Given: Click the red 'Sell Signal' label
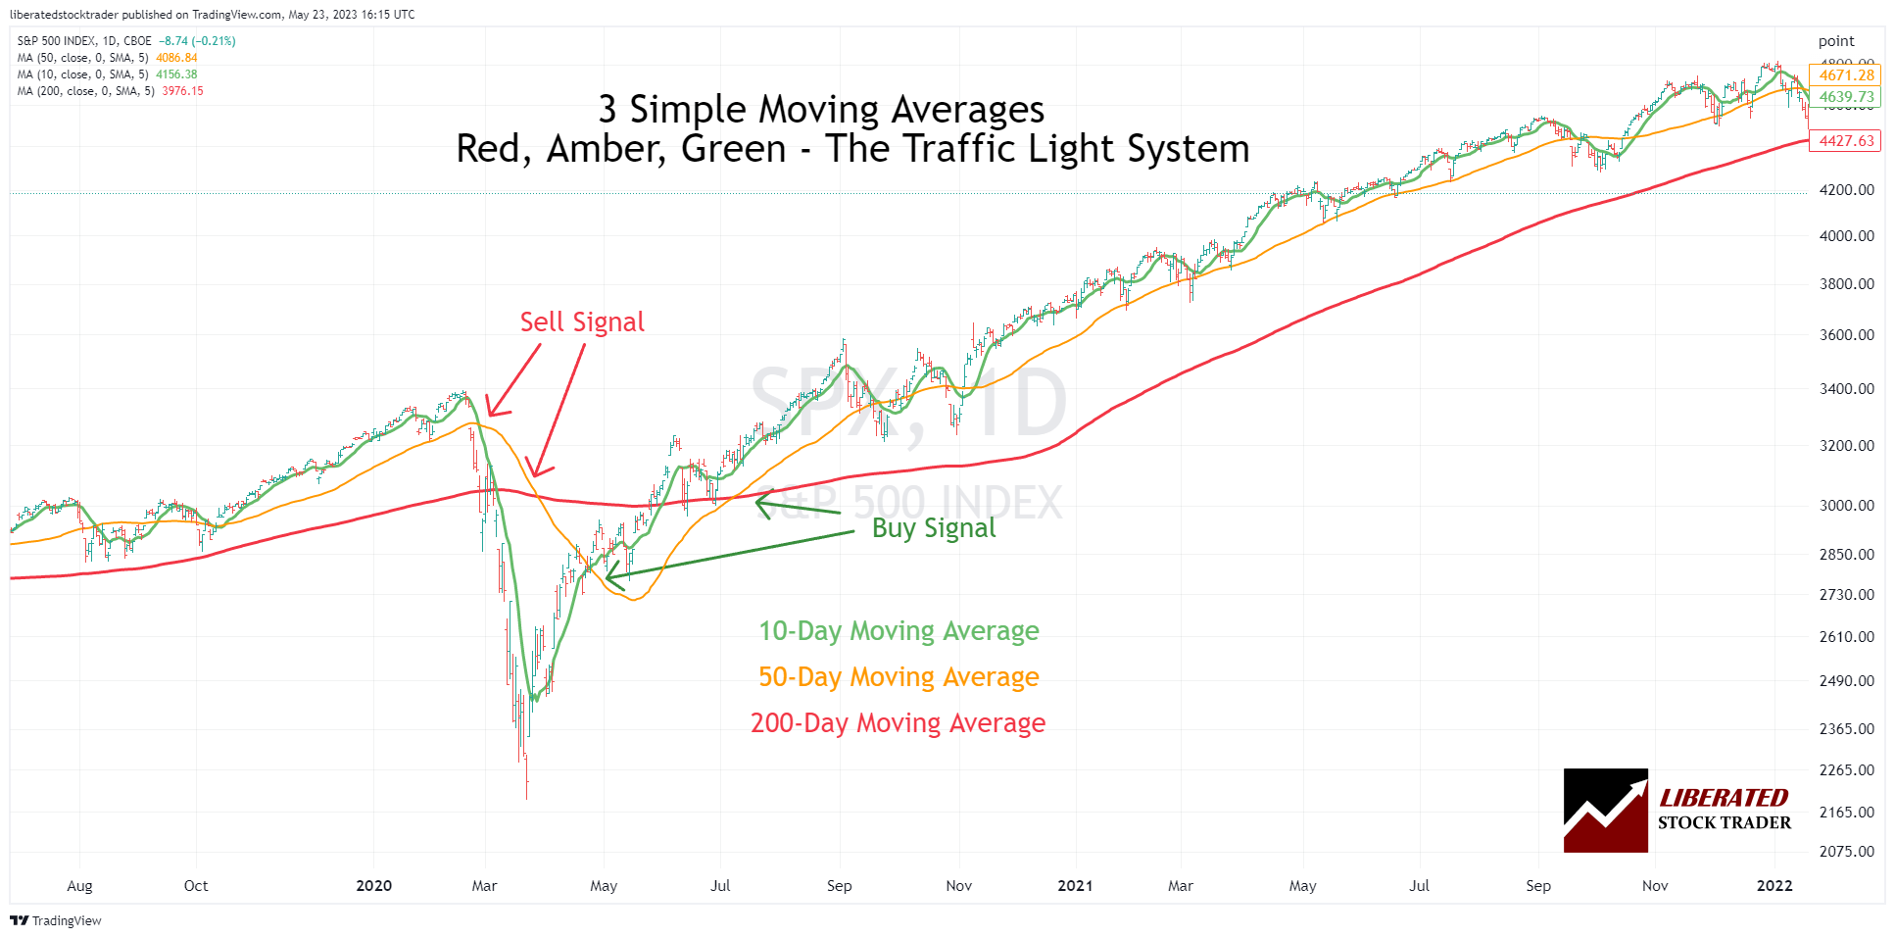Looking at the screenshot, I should pos(582,322).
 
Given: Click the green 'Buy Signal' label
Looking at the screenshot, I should pos(933,528).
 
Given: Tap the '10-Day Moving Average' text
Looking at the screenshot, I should pos(899,631).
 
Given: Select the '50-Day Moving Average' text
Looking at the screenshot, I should pos(899,677).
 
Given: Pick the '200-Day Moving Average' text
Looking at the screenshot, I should pos(898,723).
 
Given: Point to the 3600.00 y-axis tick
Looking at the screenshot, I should pos(1846,335).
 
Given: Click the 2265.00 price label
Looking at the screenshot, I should pos(1846,770).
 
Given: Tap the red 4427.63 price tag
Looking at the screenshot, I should pos(1846,141).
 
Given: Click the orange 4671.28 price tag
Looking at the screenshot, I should pos(1846,75).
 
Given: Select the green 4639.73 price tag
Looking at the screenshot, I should pos(1846,97).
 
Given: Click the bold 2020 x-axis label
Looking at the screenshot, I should pos(373,886).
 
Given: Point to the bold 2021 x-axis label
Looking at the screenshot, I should pos(1075,886).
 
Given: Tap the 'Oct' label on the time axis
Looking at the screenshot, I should pos(196,886).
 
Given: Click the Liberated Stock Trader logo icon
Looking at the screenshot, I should pos(1605,811).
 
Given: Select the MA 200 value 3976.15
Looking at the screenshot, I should pos(182,91).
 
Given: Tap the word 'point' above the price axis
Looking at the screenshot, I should pos(1836,41).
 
